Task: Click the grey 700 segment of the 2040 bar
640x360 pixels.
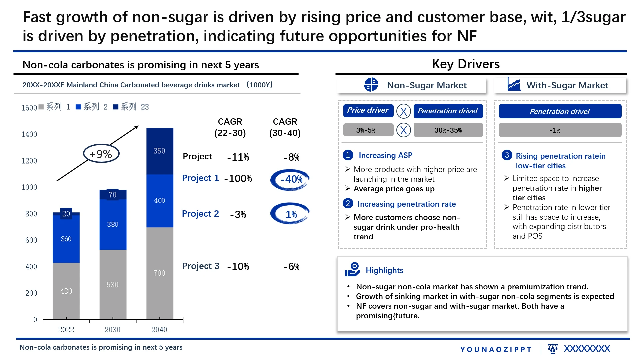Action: coord(160,273)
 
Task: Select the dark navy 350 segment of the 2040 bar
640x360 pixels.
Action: coord(160,151)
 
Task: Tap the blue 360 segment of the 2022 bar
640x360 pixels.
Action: coord(66,239)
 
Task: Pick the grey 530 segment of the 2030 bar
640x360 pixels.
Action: coord(113,284)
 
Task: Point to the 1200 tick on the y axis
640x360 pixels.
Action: coord(29,161)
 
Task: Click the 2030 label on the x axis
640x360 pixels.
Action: coord(112,330)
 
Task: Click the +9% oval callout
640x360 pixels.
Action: coord(101,154)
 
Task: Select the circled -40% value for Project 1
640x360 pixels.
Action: coord(290,180)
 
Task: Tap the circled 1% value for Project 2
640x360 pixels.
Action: coord(290,214)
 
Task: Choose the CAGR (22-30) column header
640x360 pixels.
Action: coord(230,127)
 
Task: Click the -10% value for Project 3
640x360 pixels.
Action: coord(238,267)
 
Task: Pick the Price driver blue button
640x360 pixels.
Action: coord(368,111)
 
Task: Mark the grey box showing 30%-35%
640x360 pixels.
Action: coord(448,130)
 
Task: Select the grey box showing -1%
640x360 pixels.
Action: coord(560,130)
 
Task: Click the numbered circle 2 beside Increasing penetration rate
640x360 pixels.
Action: coord(348,203)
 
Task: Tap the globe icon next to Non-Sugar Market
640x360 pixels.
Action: coord(371,85)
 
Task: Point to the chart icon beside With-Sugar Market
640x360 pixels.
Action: coord(514,84)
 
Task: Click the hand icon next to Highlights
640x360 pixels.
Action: coord(352,270)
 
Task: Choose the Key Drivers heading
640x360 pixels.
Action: coord(466,64)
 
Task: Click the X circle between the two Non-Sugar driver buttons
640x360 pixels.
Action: coord(403,111)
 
